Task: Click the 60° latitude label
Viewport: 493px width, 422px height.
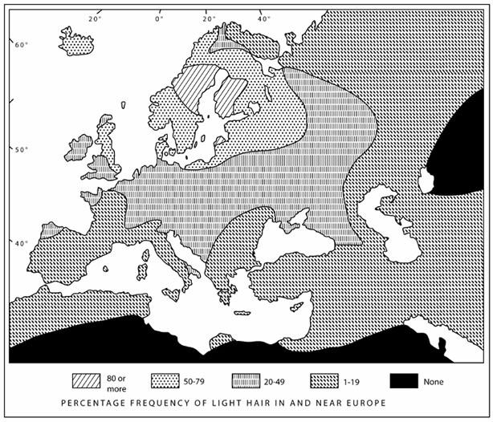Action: tap(21, 44)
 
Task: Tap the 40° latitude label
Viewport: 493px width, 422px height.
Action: tap(21, 242)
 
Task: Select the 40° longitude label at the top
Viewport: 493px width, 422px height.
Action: tap(263, 18)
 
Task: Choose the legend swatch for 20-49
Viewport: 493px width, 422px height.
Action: tap(244, 379)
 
